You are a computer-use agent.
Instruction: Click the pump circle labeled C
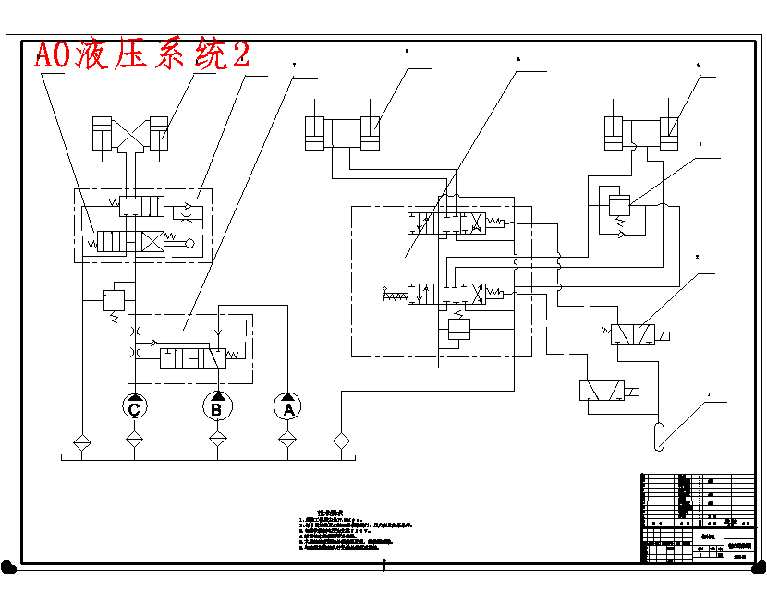[x=135, y=407]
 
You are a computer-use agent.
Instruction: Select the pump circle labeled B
[x=216, y=407]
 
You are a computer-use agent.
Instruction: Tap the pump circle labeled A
[x=287, y=407]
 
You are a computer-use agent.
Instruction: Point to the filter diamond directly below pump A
[x=287, y=441]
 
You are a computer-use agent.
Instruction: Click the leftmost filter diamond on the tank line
[x=80, y=441]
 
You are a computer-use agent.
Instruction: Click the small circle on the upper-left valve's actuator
[x=189, y=244]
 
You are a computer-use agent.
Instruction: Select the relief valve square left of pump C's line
[x=116, y=299]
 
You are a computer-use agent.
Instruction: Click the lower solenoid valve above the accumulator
[x=602, y=391]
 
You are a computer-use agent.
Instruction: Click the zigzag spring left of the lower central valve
[x=396, y=296]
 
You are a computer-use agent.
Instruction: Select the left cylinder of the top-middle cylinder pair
[x=316, y=134]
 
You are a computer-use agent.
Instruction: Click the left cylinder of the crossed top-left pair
[x=102, y=134]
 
